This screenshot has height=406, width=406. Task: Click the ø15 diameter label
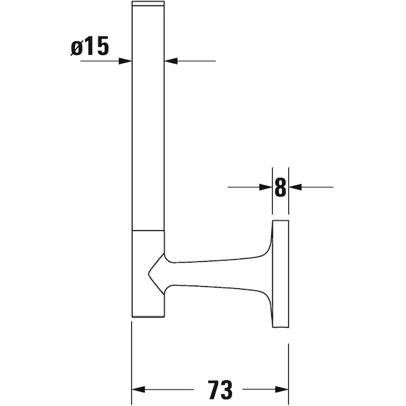click(90, 46)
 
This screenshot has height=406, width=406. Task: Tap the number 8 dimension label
click(280, 187)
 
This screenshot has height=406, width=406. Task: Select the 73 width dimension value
click(220, 389)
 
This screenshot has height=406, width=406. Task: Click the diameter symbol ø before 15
click(76, 48)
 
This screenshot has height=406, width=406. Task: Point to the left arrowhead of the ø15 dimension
click(125, 61)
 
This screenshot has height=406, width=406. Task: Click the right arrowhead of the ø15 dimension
click(171, 61)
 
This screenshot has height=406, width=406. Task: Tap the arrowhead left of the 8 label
click(266, 187)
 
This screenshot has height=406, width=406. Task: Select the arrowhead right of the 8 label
click(295, 187)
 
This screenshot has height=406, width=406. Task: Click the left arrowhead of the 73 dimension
click(139, 389)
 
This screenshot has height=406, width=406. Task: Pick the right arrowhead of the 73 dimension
click(282, 389)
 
